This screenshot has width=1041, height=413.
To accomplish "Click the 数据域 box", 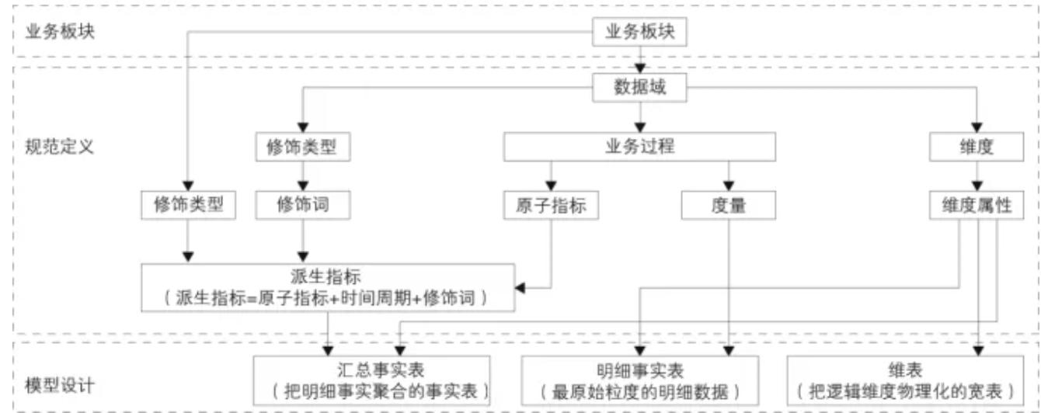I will click(639, 88).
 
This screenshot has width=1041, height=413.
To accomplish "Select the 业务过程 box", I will click(639, 147).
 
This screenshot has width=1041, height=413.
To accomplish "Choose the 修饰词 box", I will click(302, 205).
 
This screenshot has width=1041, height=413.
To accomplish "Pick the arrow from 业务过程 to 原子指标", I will click(551, 175).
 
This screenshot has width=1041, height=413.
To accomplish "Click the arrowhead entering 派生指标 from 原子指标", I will click(521, 289).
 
